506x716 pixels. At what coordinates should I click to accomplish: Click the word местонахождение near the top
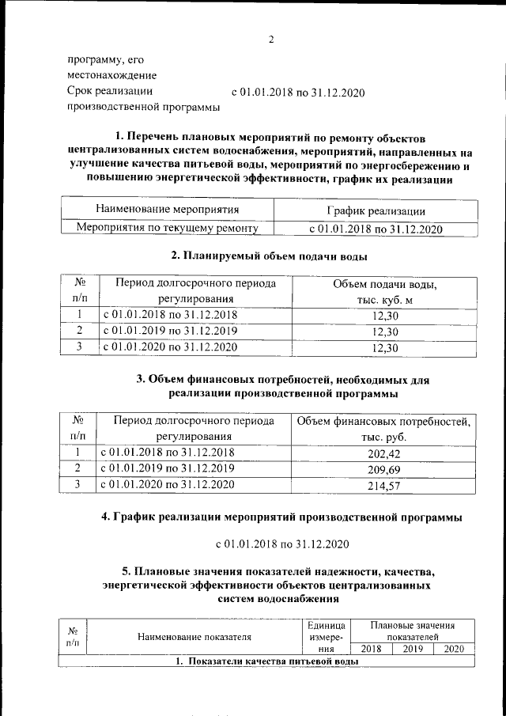tap(111, 75)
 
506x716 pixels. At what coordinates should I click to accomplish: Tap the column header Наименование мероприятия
tap(167, 210)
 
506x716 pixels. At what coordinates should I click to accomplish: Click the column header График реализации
tap(376, 210)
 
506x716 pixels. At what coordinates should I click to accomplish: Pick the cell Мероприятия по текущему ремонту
tap(167, 229)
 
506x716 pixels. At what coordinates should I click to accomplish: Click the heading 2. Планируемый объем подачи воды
tap(270, 256)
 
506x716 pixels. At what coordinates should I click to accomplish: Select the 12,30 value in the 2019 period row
tap(384, 331)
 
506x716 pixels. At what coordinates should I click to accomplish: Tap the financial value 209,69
tap(384, 469)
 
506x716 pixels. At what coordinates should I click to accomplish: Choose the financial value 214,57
tap(384, 486)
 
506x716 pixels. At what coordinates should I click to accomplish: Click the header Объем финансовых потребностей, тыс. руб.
tap(384, 428)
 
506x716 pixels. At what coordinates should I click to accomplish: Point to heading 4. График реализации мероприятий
tap(281, 517)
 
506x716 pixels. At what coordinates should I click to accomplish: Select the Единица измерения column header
tap(327, 635)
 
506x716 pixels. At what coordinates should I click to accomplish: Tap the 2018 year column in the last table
tap(371, 649)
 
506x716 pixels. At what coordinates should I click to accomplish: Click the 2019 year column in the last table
tap(413, 649)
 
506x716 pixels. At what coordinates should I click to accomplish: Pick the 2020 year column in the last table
tap(454, 649)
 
